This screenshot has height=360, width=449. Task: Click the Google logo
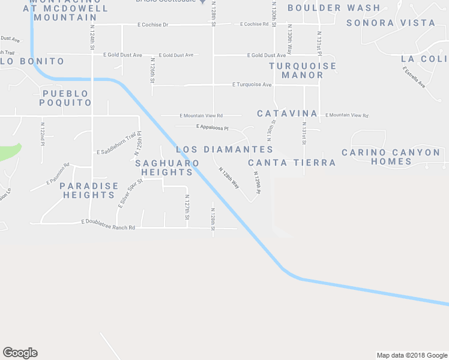20,353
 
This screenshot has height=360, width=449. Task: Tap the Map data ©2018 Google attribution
412,355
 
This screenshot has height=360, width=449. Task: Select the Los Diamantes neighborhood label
224,149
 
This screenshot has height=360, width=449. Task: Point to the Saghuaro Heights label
164,167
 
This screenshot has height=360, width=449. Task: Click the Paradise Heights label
89,190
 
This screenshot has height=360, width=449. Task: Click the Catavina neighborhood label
287,113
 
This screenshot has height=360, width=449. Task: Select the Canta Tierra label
292,163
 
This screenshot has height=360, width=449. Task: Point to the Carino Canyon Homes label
391,157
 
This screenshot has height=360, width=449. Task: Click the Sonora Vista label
391,23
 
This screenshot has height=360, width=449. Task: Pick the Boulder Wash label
334,8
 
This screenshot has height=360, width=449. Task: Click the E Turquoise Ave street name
252,85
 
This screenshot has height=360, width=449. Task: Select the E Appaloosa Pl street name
212,127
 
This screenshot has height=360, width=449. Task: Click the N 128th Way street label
229,178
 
